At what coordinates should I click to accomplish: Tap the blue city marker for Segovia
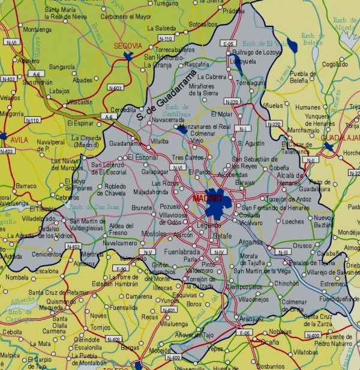click(x=127, y=56)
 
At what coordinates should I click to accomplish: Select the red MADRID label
click(x=207, y=197)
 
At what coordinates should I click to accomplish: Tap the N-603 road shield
click(x=116, y=88)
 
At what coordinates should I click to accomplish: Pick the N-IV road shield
click(x=220, y=252)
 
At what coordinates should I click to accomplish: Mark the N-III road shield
click(x=283, y=252)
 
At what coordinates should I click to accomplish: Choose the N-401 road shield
click(x=170, y=310)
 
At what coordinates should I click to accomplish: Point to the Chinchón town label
click(x=287, y=283)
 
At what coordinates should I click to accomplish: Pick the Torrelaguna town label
click(x=251, y=83)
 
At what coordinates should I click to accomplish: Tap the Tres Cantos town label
click(x=184, y=157)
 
